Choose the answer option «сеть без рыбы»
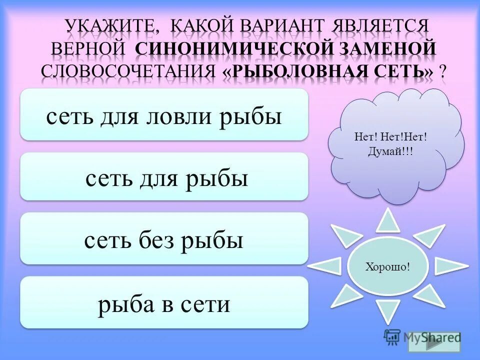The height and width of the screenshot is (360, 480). pyautogui.click(x=164, y=240)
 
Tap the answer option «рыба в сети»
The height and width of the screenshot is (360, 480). pyautogui.click(x=164, y=303)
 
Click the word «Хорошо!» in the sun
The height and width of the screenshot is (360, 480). pyautogui.click(x=387, y=266)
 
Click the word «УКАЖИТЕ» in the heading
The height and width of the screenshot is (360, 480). pyautogui.click(x=109, y=26)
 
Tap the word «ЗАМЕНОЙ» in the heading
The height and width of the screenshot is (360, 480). pyautogui.click(x=388, y=49)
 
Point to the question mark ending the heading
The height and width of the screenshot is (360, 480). pyautogui.click(x=442, y=71)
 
